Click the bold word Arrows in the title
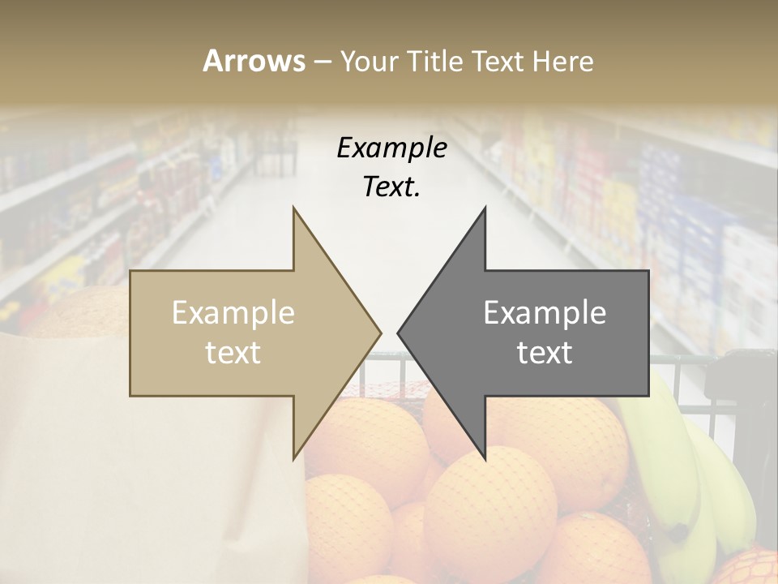[254, 61]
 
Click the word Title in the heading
[434, 61]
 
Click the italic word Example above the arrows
[391, 148]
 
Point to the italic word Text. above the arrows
[391, 187]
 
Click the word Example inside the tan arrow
[233, 313]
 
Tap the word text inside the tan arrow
[233, 352]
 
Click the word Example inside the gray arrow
[545, 313]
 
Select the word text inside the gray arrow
[545, 352]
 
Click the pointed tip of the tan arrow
[380, 333]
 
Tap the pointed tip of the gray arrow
[398, 333]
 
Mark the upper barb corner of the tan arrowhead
[293, 208]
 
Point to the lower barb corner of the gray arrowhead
[485, 458]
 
